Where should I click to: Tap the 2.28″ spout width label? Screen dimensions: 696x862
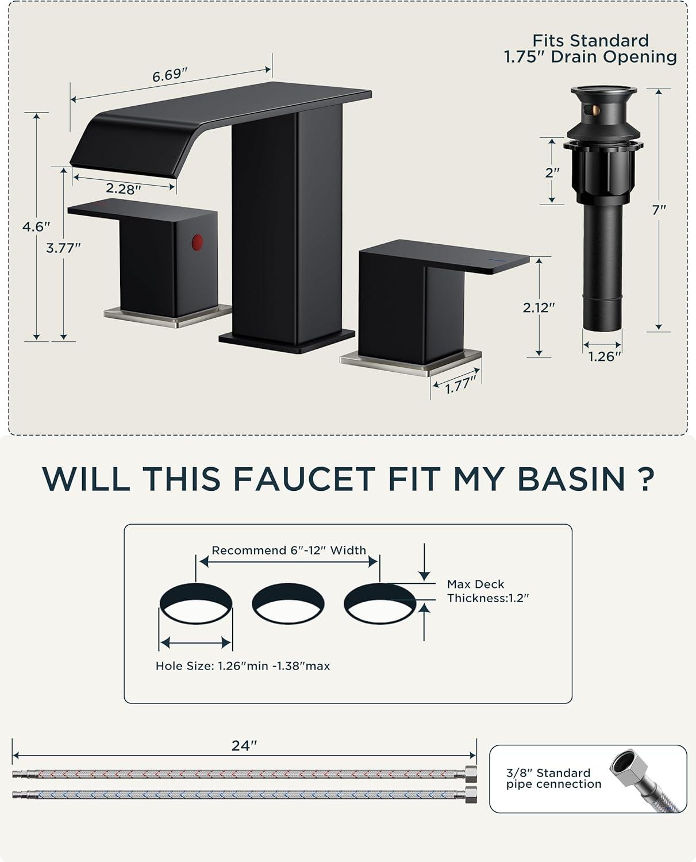click(x=124, y=188)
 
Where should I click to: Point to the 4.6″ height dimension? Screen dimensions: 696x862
click(x=36, y=226)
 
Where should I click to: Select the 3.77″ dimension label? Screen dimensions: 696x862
click(x=64, y=248)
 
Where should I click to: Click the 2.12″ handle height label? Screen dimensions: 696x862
click(x=539, y=307)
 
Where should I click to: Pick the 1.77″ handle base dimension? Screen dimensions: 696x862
click(x=462, y=385)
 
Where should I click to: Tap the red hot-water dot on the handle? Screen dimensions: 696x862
click(x=197, y=242)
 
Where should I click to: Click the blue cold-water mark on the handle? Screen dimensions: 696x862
click(x=497, y=260)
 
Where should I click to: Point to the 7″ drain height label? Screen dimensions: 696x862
click(x=659, y=210)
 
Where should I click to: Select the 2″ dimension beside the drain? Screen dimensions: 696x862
click(x=552, y=173)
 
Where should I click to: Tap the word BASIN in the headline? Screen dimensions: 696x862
click(x=571, y=479)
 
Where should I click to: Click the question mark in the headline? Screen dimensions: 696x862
click(x=646, y=479)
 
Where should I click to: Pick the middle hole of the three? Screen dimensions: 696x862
click(x=288, y=603)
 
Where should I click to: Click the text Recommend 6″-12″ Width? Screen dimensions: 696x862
click(x=289, y=551)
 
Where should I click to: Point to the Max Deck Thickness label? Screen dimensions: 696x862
click(x=488, y=591)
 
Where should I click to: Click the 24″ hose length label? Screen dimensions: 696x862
click(x=244, y=745)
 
